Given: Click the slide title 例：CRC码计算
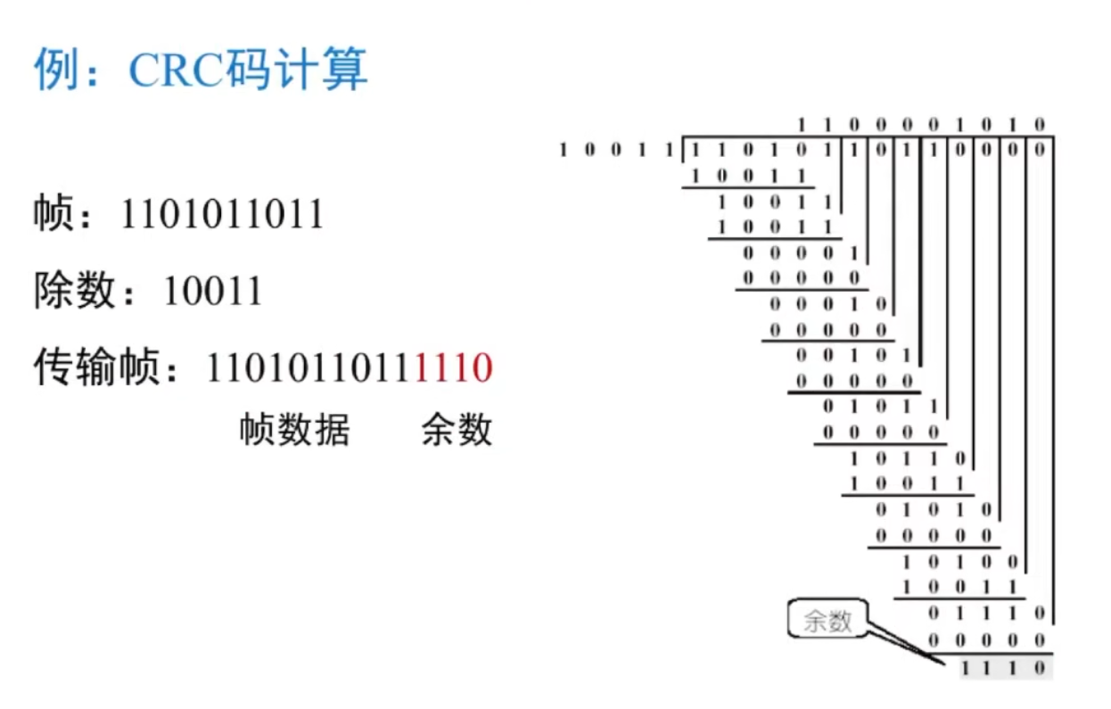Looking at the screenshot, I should click(x=201, y=70).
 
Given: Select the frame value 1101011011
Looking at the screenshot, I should click(x=222, y=215).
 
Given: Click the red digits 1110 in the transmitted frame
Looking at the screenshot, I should click(x=454, y=367).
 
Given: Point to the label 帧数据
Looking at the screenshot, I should click(x=294, y=430).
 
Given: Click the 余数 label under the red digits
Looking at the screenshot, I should click(x=457, y=430).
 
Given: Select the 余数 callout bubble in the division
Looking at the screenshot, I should click(x=827, y=621).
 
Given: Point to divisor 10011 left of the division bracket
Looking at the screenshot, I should click(x=615, y=149).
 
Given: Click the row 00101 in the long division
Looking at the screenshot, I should click(x=853, y=356).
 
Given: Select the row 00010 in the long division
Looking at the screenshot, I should click(x=827, y=304).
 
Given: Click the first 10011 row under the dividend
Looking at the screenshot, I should click(x=748, y=175).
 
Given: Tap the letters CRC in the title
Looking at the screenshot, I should click(x=175, y=70).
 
